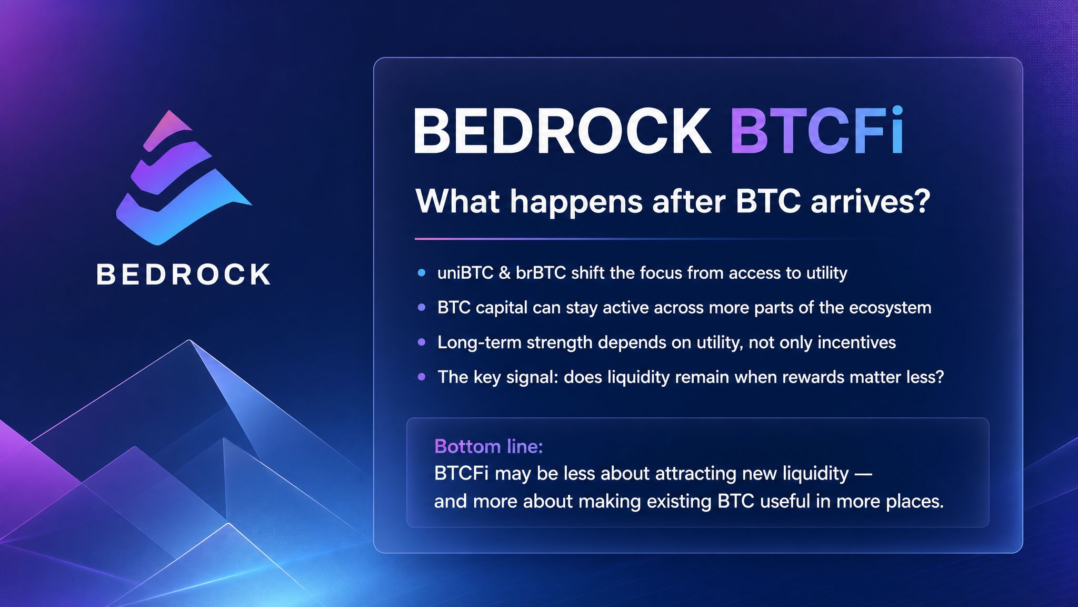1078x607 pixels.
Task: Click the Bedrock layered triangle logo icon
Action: (x=182, y=179)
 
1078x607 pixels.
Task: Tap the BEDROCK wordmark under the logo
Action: (x=184, y=275)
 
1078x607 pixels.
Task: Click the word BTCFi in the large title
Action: (x=817, y=131)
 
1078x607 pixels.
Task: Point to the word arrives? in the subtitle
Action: (x=871, y=201)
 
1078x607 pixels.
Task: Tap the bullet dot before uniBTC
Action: (x=421, y=273)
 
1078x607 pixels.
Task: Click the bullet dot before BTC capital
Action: (x=421, y=308)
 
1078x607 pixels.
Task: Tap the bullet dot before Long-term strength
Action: (x=421, y=342)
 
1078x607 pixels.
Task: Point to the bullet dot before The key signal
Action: (x=421, y=377)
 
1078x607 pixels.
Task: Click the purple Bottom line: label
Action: (x=488, y=446)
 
